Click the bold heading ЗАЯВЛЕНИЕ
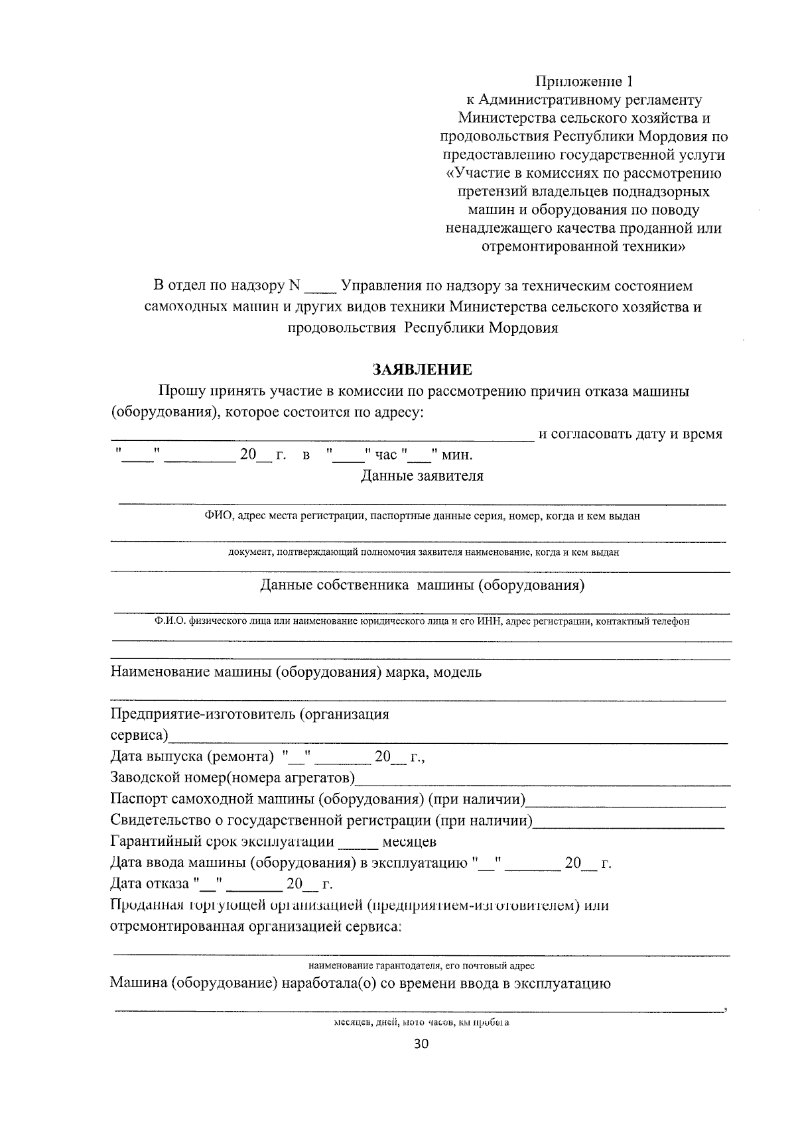pos(422,369)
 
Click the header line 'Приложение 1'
pos(584,82)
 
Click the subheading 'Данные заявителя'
pos(422,476)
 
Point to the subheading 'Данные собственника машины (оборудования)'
pos(422,585)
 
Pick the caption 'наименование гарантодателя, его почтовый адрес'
pos(421,966)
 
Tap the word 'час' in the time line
pos(386,455)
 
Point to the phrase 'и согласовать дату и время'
pos(630,434)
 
